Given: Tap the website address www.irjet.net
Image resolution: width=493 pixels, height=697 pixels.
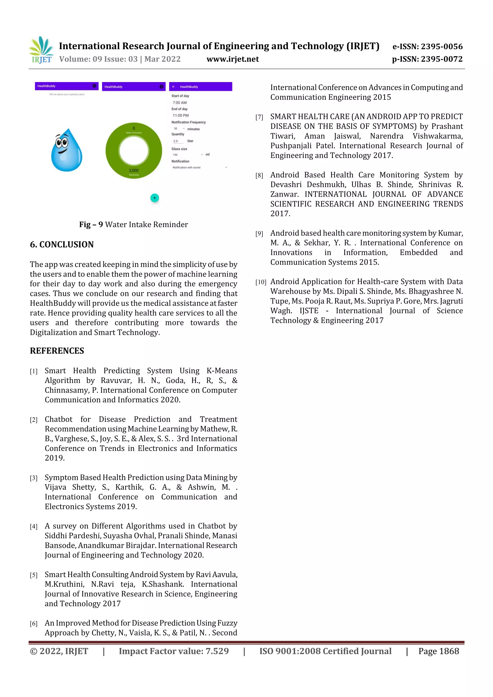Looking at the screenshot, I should pyautogui.click(x=233, y=59).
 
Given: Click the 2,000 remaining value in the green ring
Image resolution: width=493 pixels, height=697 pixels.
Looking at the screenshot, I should pyautogui.click(x=134, y=171).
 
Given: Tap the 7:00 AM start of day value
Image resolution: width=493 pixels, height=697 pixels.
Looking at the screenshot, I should pyautogui.click(x=180, y=102).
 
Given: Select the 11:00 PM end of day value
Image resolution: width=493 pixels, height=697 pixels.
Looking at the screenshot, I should pyautogui.click(x=181, y=115).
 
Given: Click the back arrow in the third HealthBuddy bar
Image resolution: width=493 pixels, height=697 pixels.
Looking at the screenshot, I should pyautogui.click(x=174, y=87).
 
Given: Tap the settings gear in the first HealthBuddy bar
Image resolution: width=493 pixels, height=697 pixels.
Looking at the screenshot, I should pyautogui.click(x=94, y=86).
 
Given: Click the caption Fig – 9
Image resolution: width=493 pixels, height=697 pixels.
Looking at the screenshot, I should pyautogui.click(x=91, y=225).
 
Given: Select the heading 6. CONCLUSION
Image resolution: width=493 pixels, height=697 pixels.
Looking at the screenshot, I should pyautogui.click(x=62, y=244).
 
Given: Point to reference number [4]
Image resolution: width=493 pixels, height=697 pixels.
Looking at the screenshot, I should pyautogui.click(x=34, y=527).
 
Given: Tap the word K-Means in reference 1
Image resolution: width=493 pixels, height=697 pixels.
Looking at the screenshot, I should pyautogui.click(x=222, y=371).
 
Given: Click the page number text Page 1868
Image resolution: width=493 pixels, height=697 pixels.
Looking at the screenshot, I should pyautogui.click(x=438, y=651).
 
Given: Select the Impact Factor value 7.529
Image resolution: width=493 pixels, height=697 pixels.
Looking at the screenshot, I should pyautogui.click(x=217, y=651).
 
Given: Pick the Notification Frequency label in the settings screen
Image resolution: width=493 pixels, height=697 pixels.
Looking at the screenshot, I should pyautogui.click(x=188, y=122).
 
